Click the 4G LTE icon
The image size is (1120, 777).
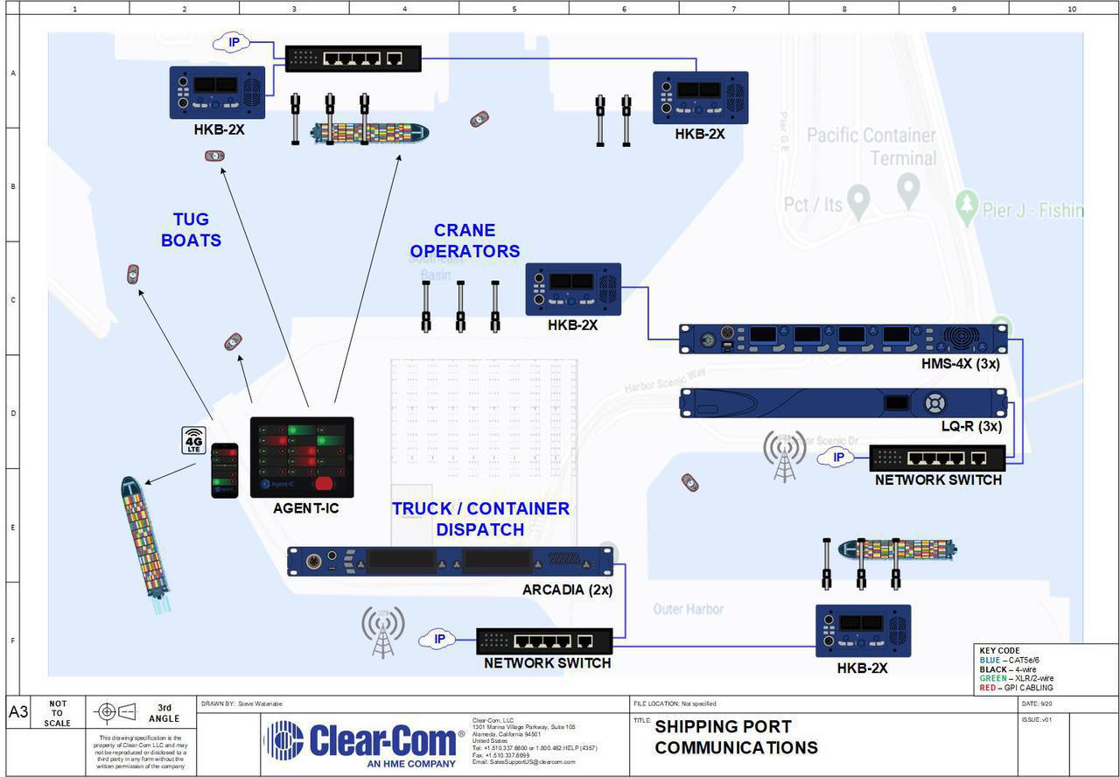193,440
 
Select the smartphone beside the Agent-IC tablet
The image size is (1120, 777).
225,470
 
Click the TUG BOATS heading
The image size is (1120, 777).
191,229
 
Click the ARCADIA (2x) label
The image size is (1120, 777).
567,590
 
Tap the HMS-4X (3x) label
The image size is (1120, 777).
960,362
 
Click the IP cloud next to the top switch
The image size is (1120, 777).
233,42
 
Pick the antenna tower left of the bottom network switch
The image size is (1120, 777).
383,632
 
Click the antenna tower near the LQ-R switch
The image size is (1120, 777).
784,456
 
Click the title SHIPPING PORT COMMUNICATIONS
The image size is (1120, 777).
736,737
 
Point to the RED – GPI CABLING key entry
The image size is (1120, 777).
1016,688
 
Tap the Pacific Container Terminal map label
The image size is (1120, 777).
871,147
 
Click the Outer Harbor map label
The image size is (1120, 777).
688,608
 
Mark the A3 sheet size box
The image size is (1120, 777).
18,711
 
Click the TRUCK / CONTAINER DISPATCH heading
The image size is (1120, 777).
480,519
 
